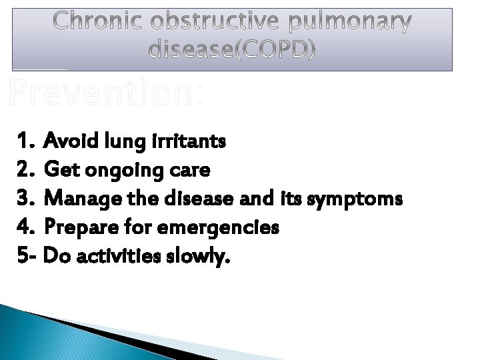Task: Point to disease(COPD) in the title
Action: click(232, 49)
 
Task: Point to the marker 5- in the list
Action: click(27, 256)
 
